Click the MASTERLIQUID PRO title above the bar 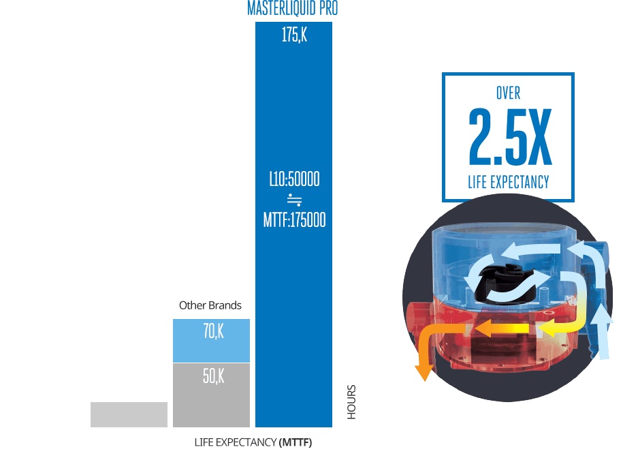[x=293, y=9]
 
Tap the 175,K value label [x=294, y=35]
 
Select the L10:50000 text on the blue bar [x=294, y=180]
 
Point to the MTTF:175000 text [x=294, y=220]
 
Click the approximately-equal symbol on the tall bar [x=294, y=200]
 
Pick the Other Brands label [x=210, y=305]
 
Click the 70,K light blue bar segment [x=212, y=340]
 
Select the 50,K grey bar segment [x=212, y=395]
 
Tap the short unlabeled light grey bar [x=129, y=414]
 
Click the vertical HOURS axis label [x=351, y=402]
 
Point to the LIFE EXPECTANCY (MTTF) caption [x=253, y=442]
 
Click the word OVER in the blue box [x=508, y=93]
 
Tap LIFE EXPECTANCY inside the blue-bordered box [x=508, y=182]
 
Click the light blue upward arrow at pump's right [x=601, y=334]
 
